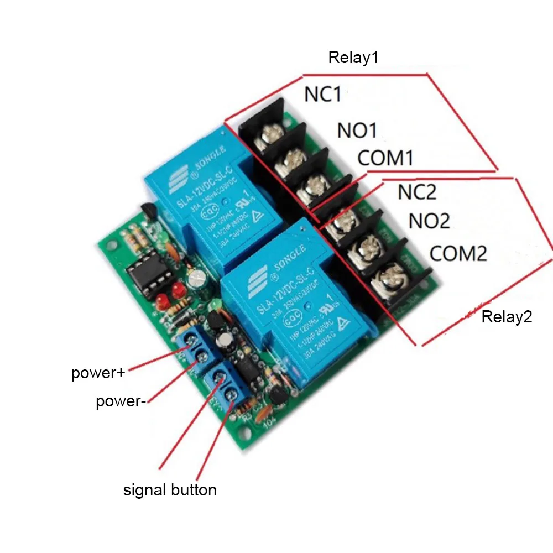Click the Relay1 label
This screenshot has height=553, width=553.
coord(353,58)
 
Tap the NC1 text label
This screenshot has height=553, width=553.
coord(322,95)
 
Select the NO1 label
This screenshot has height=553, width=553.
coord(357,131)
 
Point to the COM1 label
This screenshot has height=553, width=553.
coord(385,158)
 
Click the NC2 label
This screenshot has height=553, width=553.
coord(417,192)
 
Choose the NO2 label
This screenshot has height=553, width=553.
coord(429,221)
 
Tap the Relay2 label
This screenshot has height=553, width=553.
coord(507,317)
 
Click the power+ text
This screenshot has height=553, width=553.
coord(98,373)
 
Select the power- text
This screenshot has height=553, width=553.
coord(121,401)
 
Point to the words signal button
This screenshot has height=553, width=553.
coord(170,489)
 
